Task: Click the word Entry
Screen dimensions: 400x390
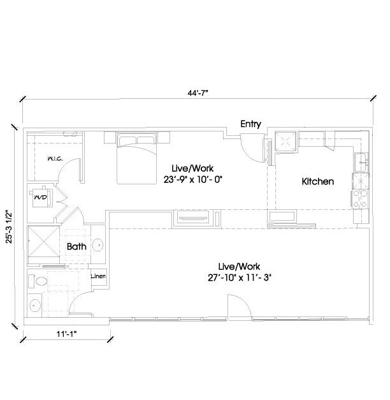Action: (250, 124)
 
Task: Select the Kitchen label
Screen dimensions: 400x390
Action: (317, 182)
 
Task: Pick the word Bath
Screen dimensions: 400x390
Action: (76, 245)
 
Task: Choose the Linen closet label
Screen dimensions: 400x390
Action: (97, 276)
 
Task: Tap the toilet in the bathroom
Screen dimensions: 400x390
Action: (40, 279)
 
